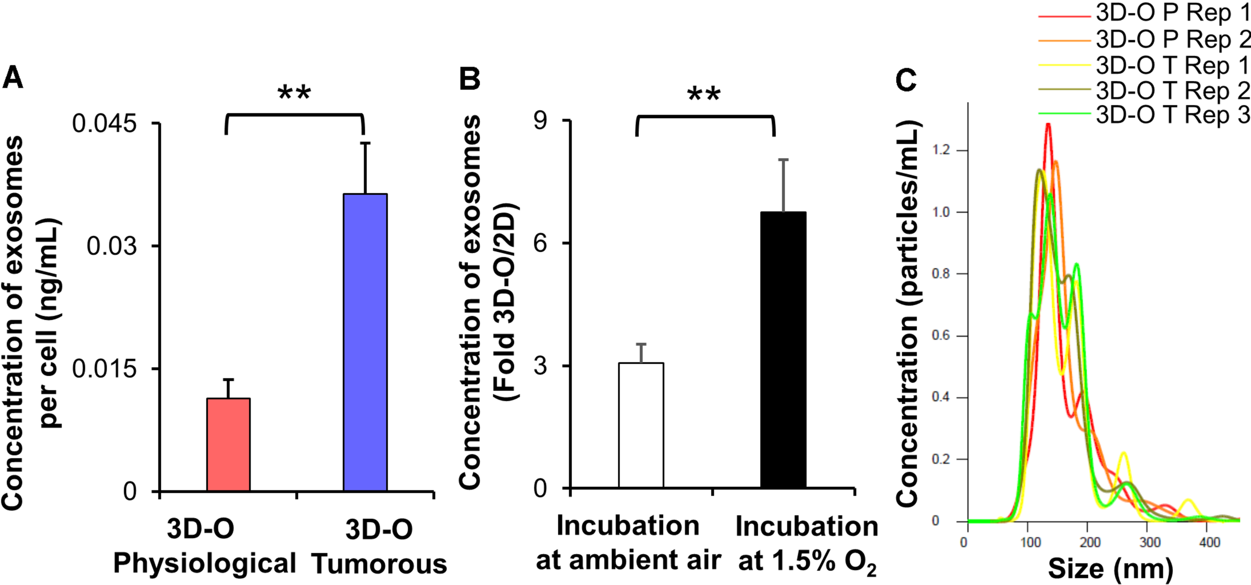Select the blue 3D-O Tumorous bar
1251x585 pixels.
point(365,342)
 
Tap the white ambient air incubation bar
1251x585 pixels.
point(641,425)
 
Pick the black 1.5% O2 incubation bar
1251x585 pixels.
point(783,350)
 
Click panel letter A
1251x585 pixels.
point(13,79)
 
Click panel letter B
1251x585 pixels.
point(469,79)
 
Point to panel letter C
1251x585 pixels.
point(906,80)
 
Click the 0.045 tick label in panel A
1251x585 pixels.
point(104,124)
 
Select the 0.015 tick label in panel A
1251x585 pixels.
point(104,369)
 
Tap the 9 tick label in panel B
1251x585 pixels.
point(540,121)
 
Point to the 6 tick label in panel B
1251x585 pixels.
point(540,244)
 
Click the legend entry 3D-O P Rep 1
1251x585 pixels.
point(1171,14)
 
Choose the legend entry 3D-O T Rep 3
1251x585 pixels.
point(1171,115)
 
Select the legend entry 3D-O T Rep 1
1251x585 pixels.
point(1171,66)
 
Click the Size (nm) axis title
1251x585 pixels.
point(1110,568)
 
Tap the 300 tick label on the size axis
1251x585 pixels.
point(1150,542)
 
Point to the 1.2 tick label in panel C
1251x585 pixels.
point(941,150)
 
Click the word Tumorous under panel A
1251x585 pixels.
point(379,564)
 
